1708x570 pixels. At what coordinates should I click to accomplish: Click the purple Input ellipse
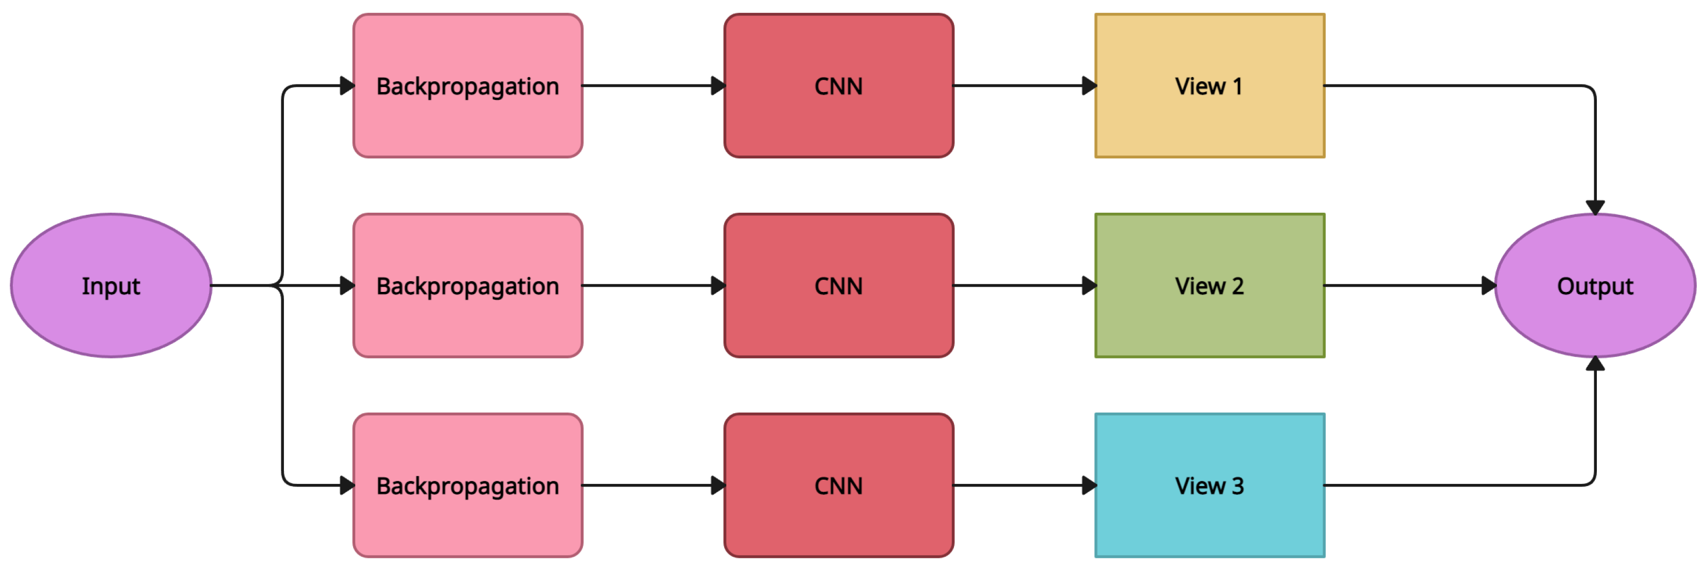(111, 286)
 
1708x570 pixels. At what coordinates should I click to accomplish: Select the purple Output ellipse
(1595, 286)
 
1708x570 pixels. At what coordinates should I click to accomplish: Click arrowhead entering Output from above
(1595, 207)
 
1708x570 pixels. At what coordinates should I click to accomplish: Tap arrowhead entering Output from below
(1595, 364)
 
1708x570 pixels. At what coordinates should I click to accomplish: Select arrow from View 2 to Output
(1405, 286)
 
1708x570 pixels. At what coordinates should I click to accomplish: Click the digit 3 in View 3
(1237, 486)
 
